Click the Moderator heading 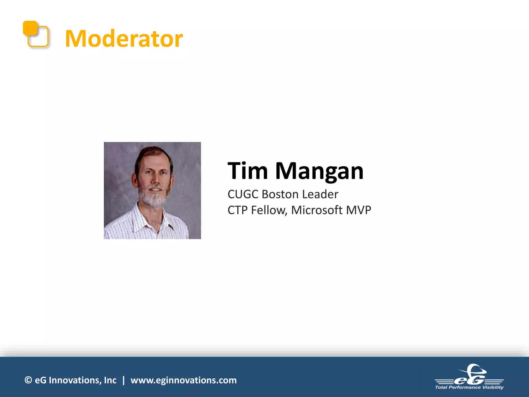[x=124, y=39]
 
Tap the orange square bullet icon [x=35, y=34]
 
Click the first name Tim [x=248, y=171]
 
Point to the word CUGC [x=243, y=194]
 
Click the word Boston [x=281, y=194]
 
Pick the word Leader [x=320, y=194]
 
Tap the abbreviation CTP [x=237, y=210]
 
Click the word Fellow [x=269, y=210]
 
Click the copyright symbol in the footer [x=28, y=380]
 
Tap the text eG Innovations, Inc [x=75, y=380]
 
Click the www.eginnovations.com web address [x=183, y=380]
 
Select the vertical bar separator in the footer [x=123, y=380]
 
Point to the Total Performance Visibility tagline [x=469, y=387]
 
